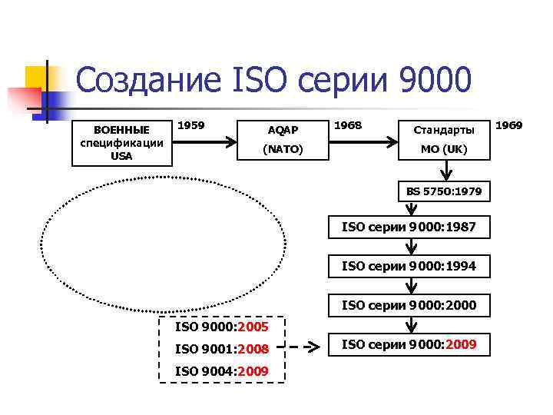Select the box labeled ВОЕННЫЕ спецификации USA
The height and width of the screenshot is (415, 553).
pos(121,142)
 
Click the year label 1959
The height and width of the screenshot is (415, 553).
pos(191,124)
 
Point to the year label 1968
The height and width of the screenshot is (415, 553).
pos(349,124)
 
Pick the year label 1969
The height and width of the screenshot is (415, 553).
pos(509,124)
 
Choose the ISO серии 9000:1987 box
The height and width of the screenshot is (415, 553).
pos(409,227)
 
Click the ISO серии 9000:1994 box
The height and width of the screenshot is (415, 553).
pos(409,266)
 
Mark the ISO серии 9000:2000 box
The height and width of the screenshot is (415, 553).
pos(409,305)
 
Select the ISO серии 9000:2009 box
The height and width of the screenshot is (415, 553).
pos(409,344)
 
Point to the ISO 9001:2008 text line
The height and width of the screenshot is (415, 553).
pos(222,349)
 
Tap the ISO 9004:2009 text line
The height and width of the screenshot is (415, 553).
pos(222,372)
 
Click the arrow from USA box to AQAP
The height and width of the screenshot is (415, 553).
pos(208,142)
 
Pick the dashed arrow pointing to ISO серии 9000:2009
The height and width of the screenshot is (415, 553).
pos(304,347)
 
